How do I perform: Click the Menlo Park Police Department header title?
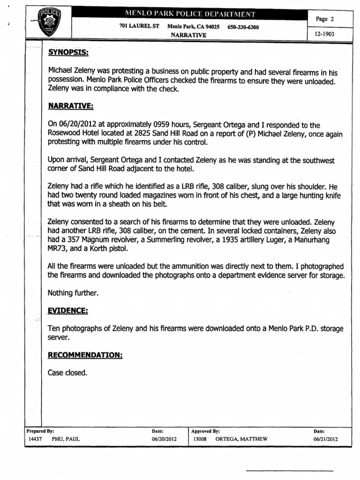point(189,15)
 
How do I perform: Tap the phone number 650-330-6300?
point(243,27)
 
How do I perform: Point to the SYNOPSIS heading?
point(69,53)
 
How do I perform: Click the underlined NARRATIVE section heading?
point(71,106)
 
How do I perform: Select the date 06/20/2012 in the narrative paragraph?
point(76,125)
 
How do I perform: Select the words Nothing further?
point(72,293)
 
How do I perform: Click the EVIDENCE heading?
point(68,311)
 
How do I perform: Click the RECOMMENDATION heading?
point(85,355)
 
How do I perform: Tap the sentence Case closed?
point(67,373)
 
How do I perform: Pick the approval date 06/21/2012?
point(325,439)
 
